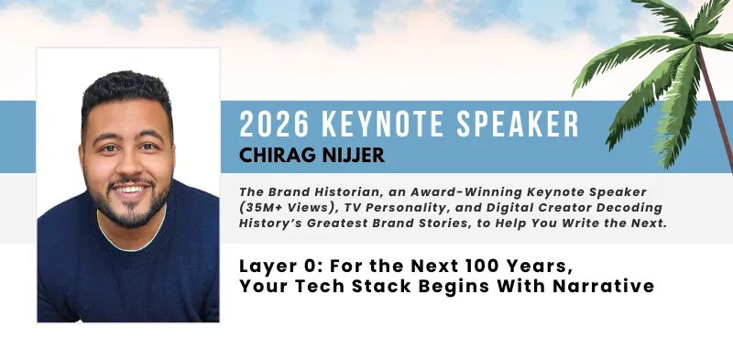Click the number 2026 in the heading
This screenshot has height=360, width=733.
(271, 123)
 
